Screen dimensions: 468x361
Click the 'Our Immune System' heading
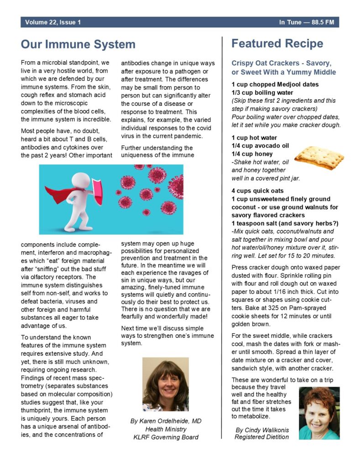coord(78,44)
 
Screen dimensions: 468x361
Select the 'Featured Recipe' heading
coord(277,43)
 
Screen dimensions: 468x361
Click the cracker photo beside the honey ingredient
coord(319,157)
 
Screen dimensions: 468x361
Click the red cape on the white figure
coord(62,194)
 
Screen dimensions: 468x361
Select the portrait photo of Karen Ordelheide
coord(165,384)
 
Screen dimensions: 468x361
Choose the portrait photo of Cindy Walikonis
coord(319,413)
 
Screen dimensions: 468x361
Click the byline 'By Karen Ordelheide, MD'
coord(165,421)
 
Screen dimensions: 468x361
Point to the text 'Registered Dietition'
coord(262,437)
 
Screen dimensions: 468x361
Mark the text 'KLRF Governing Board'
coord(165,437)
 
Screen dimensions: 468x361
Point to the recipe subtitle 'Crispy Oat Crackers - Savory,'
coord(281,63)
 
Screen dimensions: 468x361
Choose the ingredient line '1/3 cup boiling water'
coord(262,93)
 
